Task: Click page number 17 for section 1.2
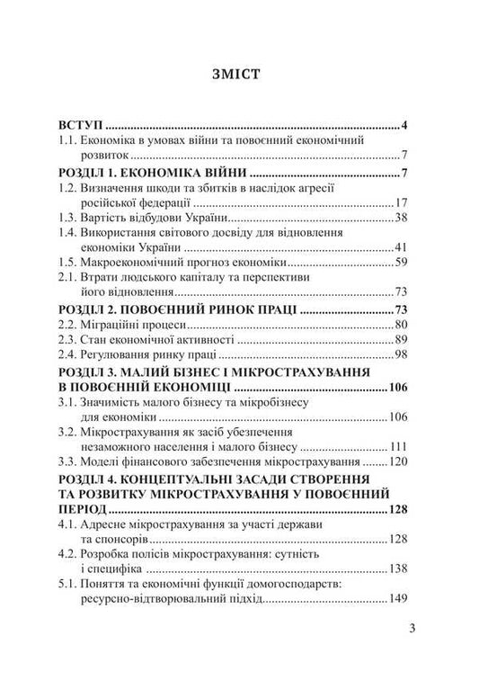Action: [x=403, y=204]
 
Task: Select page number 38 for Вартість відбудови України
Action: [x=403, y=220]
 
